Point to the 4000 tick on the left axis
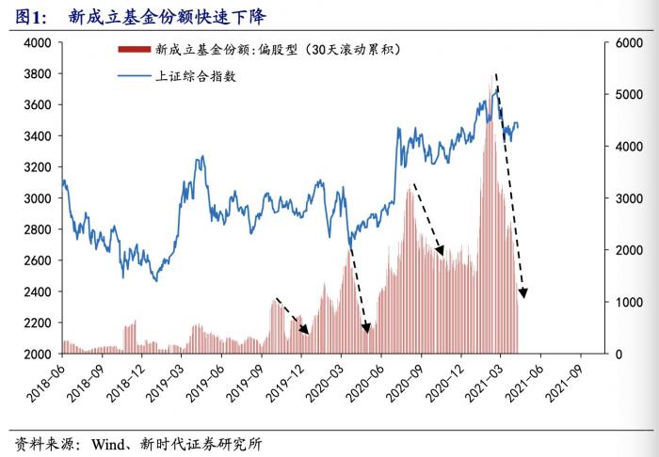(37, 43)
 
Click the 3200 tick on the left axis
(37, 167)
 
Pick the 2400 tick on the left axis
(37, 292)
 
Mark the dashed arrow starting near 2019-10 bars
(292, 316)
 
